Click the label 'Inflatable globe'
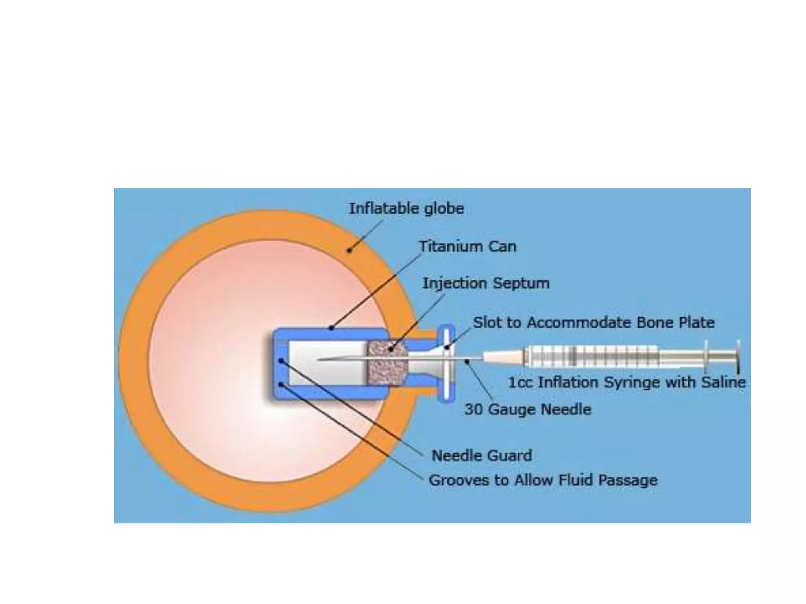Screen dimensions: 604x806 pyautogui.click(x=407, y=208)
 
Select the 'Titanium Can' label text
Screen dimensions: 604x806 pyautogui.click(x=467, y=247)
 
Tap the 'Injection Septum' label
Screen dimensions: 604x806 pyautogui.click(x=486, y=283)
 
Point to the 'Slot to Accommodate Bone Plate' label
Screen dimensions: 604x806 pyautogui.click(x=593, y=322)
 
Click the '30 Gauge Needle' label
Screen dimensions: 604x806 pyautogui.click(x=527, y=410)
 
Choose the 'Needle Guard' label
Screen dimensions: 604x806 pyautogui.click(x=482, y=456)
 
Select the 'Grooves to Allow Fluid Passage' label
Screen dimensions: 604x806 pyautogui.click(x=543, y=480)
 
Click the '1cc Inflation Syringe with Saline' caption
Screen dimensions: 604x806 pyautogui.click(x=627, y=382)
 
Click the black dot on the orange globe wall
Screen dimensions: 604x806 pyautogui.click(x=349, y=250)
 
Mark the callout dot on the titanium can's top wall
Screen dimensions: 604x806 pyautogui.click(x=331, y=328)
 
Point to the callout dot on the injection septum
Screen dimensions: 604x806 pyautogui.click(x=390, y=348)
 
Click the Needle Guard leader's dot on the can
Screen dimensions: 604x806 pyautogui.click(x=281, y=360)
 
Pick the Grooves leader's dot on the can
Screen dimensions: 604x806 pyautogui.click(x=281, y=384)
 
